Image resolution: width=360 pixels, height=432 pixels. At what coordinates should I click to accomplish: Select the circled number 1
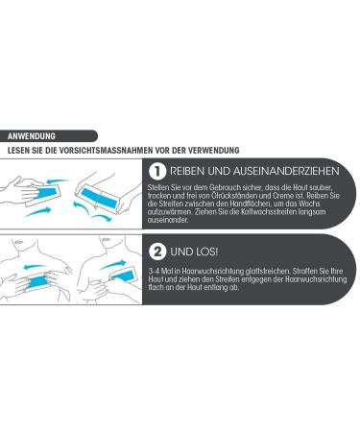(x=157, y=170)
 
